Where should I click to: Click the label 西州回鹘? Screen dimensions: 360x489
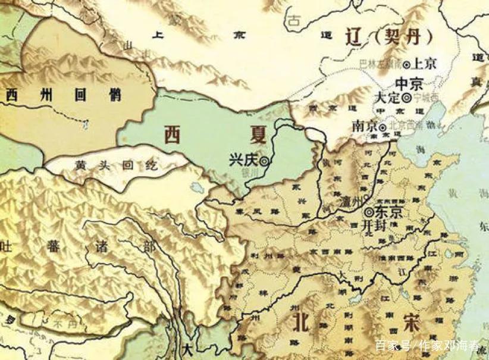point(63,95)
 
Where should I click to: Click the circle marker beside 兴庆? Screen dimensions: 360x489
point(263,160)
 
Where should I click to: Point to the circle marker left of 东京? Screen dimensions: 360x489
point(368,211)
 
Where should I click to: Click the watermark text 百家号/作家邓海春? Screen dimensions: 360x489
point(427,345)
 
